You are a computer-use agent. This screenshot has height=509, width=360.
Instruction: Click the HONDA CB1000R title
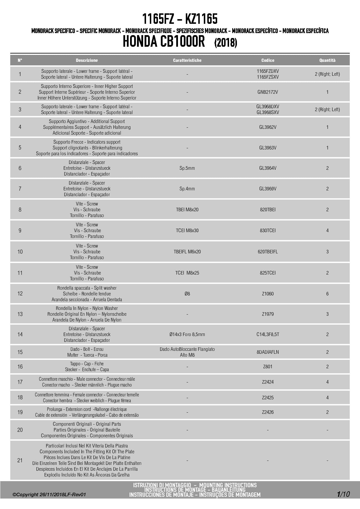point(164,41)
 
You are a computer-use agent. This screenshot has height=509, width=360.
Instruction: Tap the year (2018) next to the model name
point(226,43)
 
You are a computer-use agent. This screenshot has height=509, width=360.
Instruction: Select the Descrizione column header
point(87,60)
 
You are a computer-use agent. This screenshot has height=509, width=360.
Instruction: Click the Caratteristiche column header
point(187,60)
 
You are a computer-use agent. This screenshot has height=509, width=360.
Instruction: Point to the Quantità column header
point(327,60)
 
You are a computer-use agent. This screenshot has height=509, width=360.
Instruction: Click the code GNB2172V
point(268,92)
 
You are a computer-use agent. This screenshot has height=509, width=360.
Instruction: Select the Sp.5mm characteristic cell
point(187,168)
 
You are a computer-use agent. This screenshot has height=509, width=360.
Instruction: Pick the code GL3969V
point(268,189)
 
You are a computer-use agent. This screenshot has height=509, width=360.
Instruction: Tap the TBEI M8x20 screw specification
point(187,210)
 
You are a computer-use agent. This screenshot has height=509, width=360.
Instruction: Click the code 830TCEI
point(268,230)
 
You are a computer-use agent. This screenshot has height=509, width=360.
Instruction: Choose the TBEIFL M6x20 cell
point(187,252)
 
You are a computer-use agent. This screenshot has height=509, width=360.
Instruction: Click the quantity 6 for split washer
point(327,294)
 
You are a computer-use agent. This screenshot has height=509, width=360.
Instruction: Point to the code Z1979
point(268,314)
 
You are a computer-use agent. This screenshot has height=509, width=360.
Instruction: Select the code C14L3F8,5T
point(268,334)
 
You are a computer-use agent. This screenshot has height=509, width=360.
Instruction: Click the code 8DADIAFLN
point(268,352)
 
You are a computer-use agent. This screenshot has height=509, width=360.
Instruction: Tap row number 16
point(20,367)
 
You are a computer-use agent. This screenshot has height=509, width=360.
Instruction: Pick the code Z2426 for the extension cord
point(268,412)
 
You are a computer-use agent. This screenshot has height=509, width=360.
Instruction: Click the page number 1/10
point(343,494)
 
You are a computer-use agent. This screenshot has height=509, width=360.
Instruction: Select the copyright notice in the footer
point(49,495)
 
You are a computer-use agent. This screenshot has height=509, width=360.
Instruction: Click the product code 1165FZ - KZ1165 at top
point(180,19)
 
